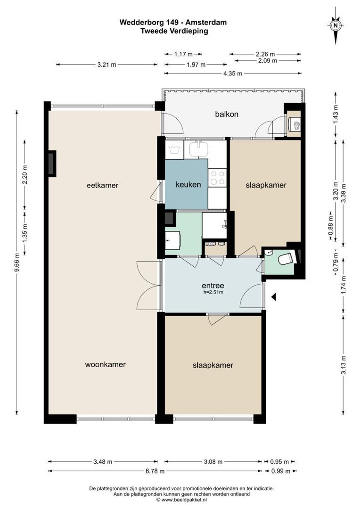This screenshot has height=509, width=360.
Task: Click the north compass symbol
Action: (335, 26)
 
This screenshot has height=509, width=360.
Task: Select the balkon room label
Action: (227, 114)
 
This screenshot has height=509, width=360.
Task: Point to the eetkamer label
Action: (102, 185)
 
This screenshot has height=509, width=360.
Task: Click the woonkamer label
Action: (105, 364)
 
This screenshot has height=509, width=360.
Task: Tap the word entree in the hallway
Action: (213, 285)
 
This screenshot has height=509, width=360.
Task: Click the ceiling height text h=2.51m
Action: (213, 293)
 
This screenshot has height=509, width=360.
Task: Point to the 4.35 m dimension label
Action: (233, 73)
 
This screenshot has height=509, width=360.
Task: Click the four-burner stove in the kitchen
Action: (217, 178)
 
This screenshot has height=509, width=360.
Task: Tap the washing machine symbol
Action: (174, 150)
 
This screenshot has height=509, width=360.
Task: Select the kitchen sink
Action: (198, 150)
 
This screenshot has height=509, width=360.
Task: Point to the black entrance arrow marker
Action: (273, 296)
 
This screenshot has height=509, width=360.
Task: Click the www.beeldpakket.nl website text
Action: (181, 500)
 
